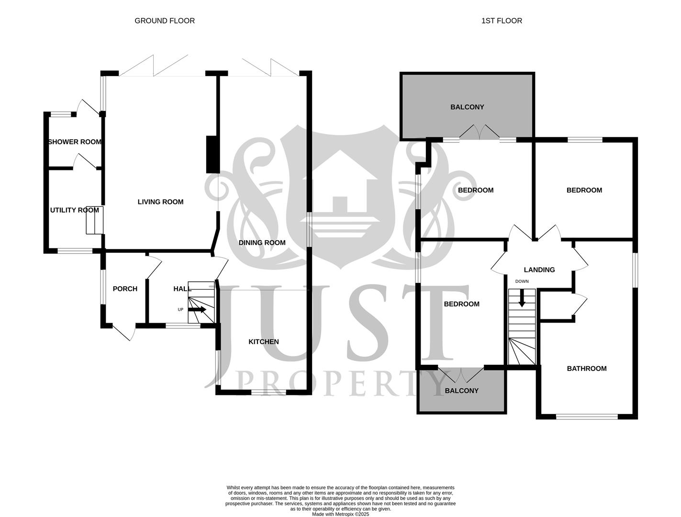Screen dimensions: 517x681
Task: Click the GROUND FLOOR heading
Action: pyautogui.click(x=165, y=21)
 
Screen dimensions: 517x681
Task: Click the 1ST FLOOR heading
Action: pyautogui.click(x=502, y=21)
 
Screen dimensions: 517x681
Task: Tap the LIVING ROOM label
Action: pyautogui.click(x=160, y=202)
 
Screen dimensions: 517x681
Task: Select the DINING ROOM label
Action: pyautogui.click(x=262, y=243)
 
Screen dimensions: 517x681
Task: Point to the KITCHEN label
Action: pyautogui.click(x=263, y=342)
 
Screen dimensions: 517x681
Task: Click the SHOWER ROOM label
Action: pyautogui.click(x=75, y=142)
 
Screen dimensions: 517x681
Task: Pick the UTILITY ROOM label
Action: pyautogui.click(x=75, y=210)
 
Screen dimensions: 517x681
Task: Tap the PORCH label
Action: pyautogui.click(x=125, y=289)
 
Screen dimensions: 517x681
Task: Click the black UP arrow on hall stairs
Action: pyautogui.click(x=197, y=310)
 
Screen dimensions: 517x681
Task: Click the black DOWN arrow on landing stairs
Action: pyautogui.click(x=522, y=298)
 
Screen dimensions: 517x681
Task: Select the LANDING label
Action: pyautogui.click(x=539, y=270)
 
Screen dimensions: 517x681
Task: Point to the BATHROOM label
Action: pyautogui.click(x=587, y=369)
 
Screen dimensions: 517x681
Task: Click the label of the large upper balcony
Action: pyautogui.click(x=467, y=107)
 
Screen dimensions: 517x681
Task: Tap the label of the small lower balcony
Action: pyautogui.click(x=461, y=391)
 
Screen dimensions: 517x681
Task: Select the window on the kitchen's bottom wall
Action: pyautogui.click(x=268, y=393)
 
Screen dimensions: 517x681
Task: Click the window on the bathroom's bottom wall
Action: pyautogui.click(x=587, y=417)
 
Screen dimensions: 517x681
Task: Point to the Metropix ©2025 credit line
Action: pyautogui.click(x=340, y=514)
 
